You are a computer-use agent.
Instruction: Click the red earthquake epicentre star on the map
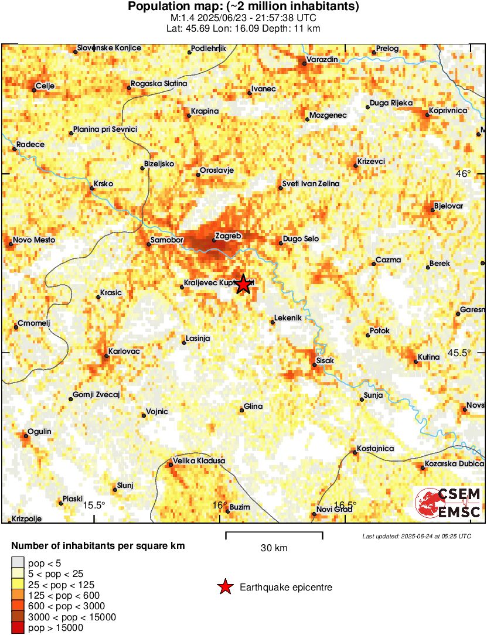coord(243,284)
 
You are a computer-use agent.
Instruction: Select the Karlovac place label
coord(124,351)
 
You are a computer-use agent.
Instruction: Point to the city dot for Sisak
coord(314,365)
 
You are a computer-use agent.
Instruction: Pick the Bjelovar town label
coord(448,206)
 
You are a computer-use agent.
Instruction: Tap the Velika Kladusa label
coord(199,461)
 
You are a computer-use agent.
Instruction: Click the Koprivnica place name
coord(447,110)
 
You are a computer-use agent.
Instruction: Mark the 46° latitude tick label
coord(464,173)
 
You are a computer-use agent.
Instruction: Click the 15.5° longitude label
coord(93,505)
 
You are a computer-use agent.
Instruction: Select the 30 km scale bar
coord(274,534)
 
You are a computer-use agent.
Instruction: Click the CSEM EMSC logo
coord(448,503)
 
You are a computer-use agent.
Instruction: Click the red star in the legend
coord(225,587)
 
